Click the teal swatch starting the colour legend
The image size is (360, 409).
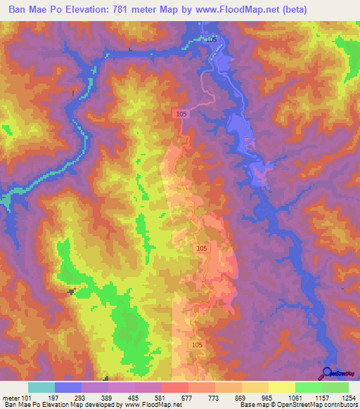[41, 387]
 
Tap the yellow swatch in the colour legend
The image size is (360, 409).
[282, 387]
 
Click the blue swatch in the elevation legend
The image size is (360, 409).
[68, 387]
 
